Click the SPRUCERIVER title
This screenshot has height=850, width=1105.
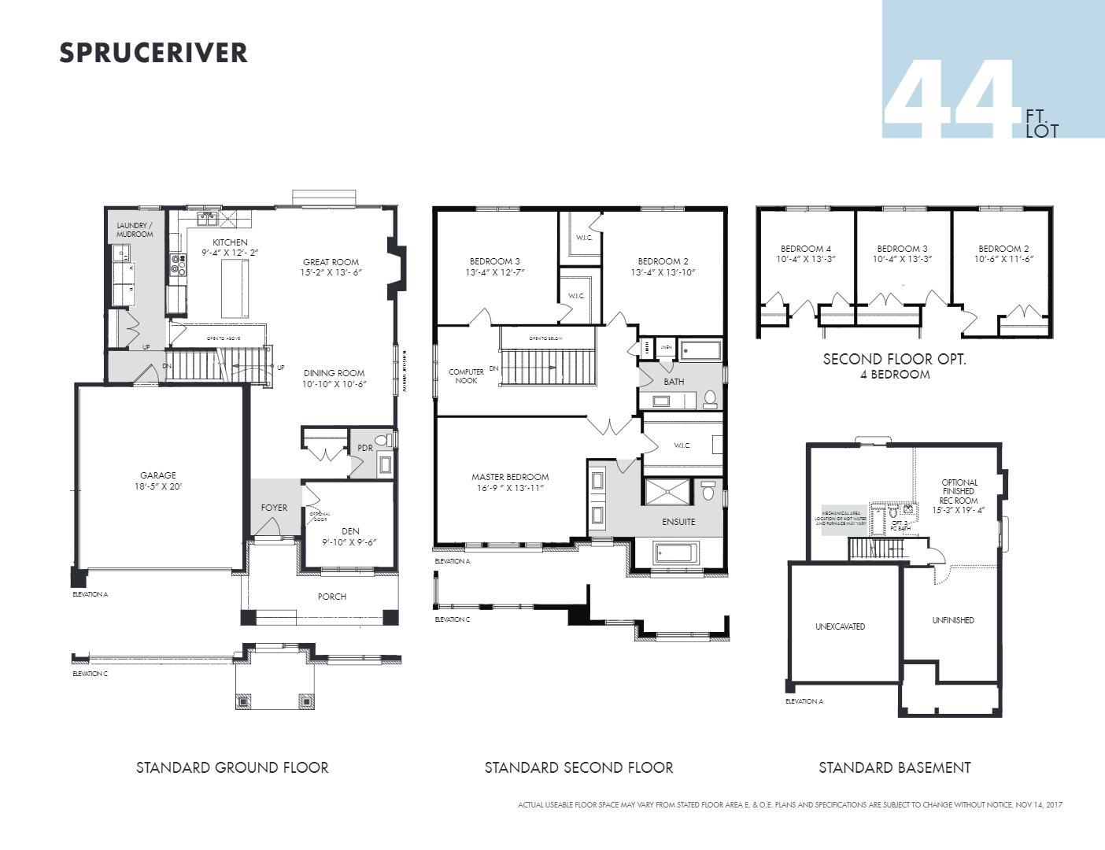point(153,53)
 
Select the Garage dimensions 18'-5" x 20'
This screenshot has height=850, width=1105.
point(158,486)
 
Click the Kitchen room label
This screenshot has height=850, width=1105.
point(230,242)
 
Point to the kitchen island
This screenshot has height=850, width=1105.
point(235,288)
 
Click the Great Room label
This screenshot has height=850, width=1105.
point(331,262)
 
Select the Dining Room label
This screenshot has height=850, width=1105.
point(334,373)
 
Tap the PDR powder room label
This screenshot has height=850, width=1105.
point(365,448)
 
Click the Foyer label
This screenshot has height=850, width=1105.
point(274,508)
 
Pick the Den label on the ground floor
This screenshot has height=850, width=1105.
point(350,531)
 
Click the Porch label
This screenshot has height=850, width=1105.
point(332,597)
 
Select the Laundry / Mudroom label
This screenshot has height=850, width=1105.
point(135,230)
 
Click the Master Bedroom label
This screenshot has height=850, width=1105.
point(510,477)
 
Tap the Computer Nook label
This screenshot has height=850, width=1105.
point(466,376)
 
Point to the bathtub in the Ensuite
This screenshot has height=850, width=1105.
point(675,553)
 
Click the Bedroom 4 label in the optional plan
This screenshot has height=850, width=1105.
point(806,249)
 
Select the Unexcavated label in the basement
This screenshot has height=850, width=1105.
point(840,626)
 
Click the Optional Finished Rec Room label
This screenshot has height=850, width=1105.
point(959,491)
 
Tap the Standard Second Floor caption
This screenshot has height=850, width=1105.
point(578,767)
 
